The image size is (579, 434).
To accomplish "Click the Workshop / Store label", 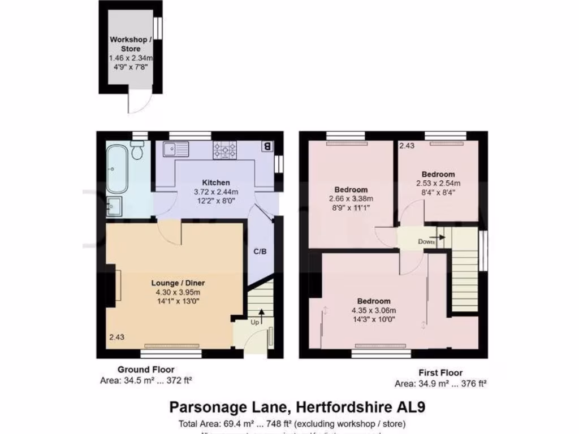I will pyautogui.click(x=131, y=44).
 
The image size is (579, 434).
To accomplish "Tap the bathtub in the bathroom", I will pyautogui.click(x=117, y=167).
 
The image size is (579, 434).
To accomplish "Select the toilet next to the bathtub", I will pyautogui.click(x=137, y=151).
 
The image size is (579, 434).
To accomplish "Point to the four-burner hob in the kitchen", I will pyautogui.click(x=224, y=149).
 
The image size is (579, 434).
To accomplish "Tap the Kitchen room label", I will pyautogui.click(x=216, y=183).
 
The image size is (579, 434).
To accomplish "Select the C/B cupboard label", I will pyautogui.click(x=260, y=251).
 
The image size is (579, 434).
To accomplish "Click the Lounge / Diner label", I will pyautogui.click(x=178, y=283).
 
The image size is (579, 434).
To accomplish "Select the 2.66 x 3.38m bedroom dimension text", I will pyautogui.click(x=351, y=198).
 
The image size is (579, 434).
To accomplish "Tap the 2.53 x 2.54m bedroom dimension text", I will pyautogui.click(x=438, y=183).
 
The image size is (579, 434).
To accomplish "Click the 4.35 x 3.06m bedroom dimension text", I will pyautogui.click(x=374, y=310).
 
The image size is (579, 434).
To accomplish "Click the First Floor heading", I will pyautogui.click(x=440, y=372).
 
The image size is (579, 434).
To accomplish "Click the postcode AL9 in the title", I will pyautogui.click(x=418, y=406).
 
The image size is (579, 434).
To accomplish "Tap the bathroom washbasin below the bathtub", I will pyautogui.click(x=114, y=206).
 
